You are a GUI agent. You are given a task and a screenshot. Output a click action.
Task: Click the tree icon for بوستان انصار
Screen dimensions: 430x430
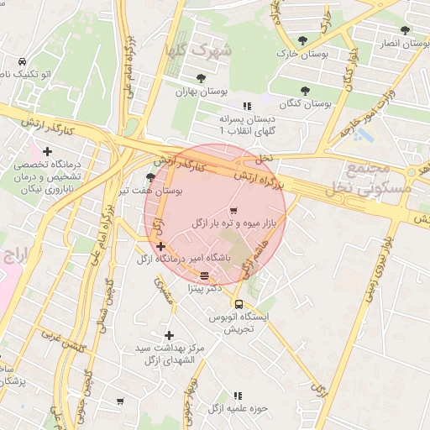tap(405, 30)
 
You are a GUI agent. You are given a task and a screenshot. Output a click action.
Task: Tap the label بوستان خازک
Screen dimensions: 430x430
tap(301, 53)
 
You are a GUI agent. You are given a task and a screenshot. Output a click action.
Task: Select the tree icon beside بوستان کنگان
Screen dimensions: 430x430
tap(304, 89)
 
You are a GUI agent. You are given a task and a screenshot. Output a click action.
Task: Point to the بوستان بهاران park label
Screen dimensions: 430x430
tap(191, 92)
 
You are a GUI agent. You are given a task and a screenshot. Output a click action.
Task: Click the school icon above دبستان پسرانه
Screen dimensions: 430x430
tap(246, 106)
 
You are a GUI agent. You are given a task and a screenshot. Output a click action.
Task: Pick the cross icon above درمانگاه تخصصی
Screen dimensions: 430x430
tap(48, 151)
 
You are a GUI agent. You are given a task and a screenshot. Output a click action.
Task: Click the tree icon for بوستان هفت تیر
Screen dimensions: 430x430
tap(150, 177)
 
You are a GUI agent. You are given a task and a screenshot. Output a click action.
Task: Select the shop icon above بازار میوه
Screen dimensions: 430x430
tap(233, 210)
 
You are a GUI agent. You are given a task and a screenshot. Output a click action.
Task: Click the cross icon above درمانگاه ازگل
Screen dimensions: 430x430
tap(160, 245)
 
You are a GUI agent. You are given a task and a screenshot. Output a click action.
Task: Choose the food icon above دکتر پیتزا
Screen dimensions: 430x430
tap(204, 275)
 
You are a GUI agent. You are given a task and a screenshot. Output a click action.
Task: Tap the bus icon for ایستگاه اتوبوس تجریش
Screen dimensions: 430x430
tap(239, 304)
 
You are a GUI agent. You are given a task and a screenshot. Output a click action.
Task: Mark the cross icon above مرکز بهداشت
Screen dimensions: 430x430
tap(169, 335)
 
